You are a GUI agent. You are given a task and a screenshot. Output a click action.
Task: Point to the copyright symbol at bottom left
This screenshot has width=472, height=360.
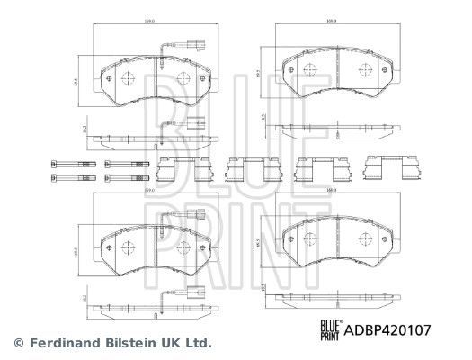click(18, 343)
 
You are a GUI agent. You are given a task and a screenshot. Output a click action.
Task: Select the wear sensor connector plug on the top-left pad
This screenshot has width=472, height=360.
click(197, 41)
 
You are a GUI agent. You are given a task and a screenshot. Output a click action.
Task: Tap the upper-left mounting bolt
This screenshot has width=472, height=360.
click(76, 164)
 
